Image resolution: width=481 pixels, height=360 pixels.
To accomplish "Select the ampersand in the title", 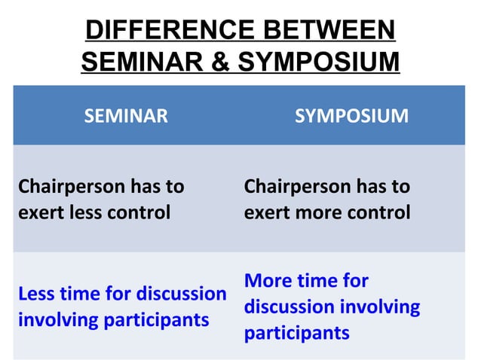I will [219, 62].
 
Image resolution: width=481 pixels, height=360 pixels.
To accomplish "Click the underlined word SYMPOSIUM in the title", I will [316, 62].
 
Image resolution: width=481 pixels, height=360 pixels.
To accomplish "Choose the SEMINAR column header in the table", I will [126, 116].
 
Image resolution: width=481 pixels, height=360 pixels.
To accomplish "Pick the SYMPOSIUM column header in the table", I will [351, 116].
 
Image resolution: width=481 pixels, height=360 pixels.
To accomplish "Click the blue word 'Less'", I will [37, 294].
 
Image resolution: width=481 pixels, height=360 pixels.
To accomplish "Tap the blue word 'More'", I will [267, 281].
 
